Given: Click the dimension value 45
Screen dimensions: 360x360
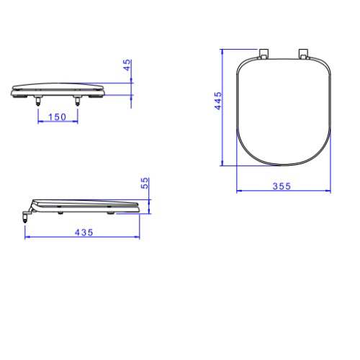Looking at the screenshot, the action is (x=127, y=65).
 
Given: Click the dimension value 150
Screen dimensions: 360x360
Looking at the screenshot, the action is (x=57, y=117).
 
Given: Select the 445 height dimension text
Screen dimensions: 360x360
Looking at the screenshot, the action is (x=218, y=101).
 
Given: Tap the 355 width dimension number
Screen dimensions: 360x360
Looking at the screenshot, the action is (x=282, y=186).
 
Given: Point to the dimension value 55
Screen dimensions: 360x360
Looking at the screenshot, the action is (x=145, y=183).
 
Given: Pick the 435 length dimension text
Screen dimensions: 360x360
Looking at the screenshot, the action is (x=84, y=233).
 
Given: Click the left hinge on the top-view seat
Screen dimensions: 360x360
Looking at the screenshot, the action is (x=264, y=54).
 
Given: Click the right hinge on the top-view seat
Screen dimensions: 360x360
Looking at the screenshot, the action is (x=304, y=54).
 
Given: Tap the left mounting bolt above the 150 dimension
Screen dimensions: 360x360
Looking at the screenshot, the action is (x=37, y=101).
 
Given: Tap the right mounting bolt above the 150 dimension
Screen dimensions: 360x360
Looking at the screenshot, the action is (x=77, y=101).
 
